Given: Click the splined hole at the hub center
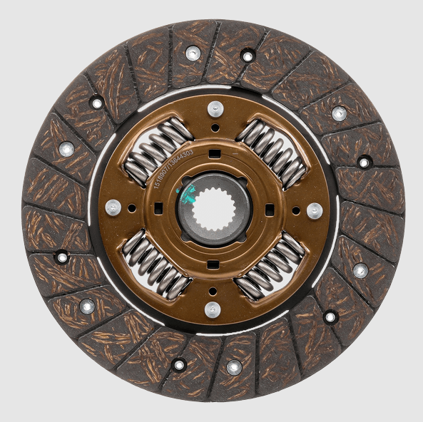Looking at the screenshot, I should click(x=213, y=210).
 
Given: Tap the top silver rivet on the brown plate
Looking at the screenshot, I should click(x=215, y=108).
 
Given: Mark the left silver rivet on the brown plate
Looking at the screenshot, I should click(x=113, y=207).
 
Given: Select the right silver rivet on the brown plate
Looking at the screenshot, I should click(x=314, y=210).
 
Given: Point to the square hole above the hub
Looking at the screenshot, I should click(x=214, y=152).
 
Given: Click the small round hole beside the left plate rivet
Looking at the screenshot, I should click(x=132, y=208).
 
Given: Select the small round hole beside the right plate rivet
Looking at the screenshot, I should click(x=295, y=210).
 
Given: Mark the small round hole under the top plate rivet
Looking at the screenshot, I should click(x=214, y=128).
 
